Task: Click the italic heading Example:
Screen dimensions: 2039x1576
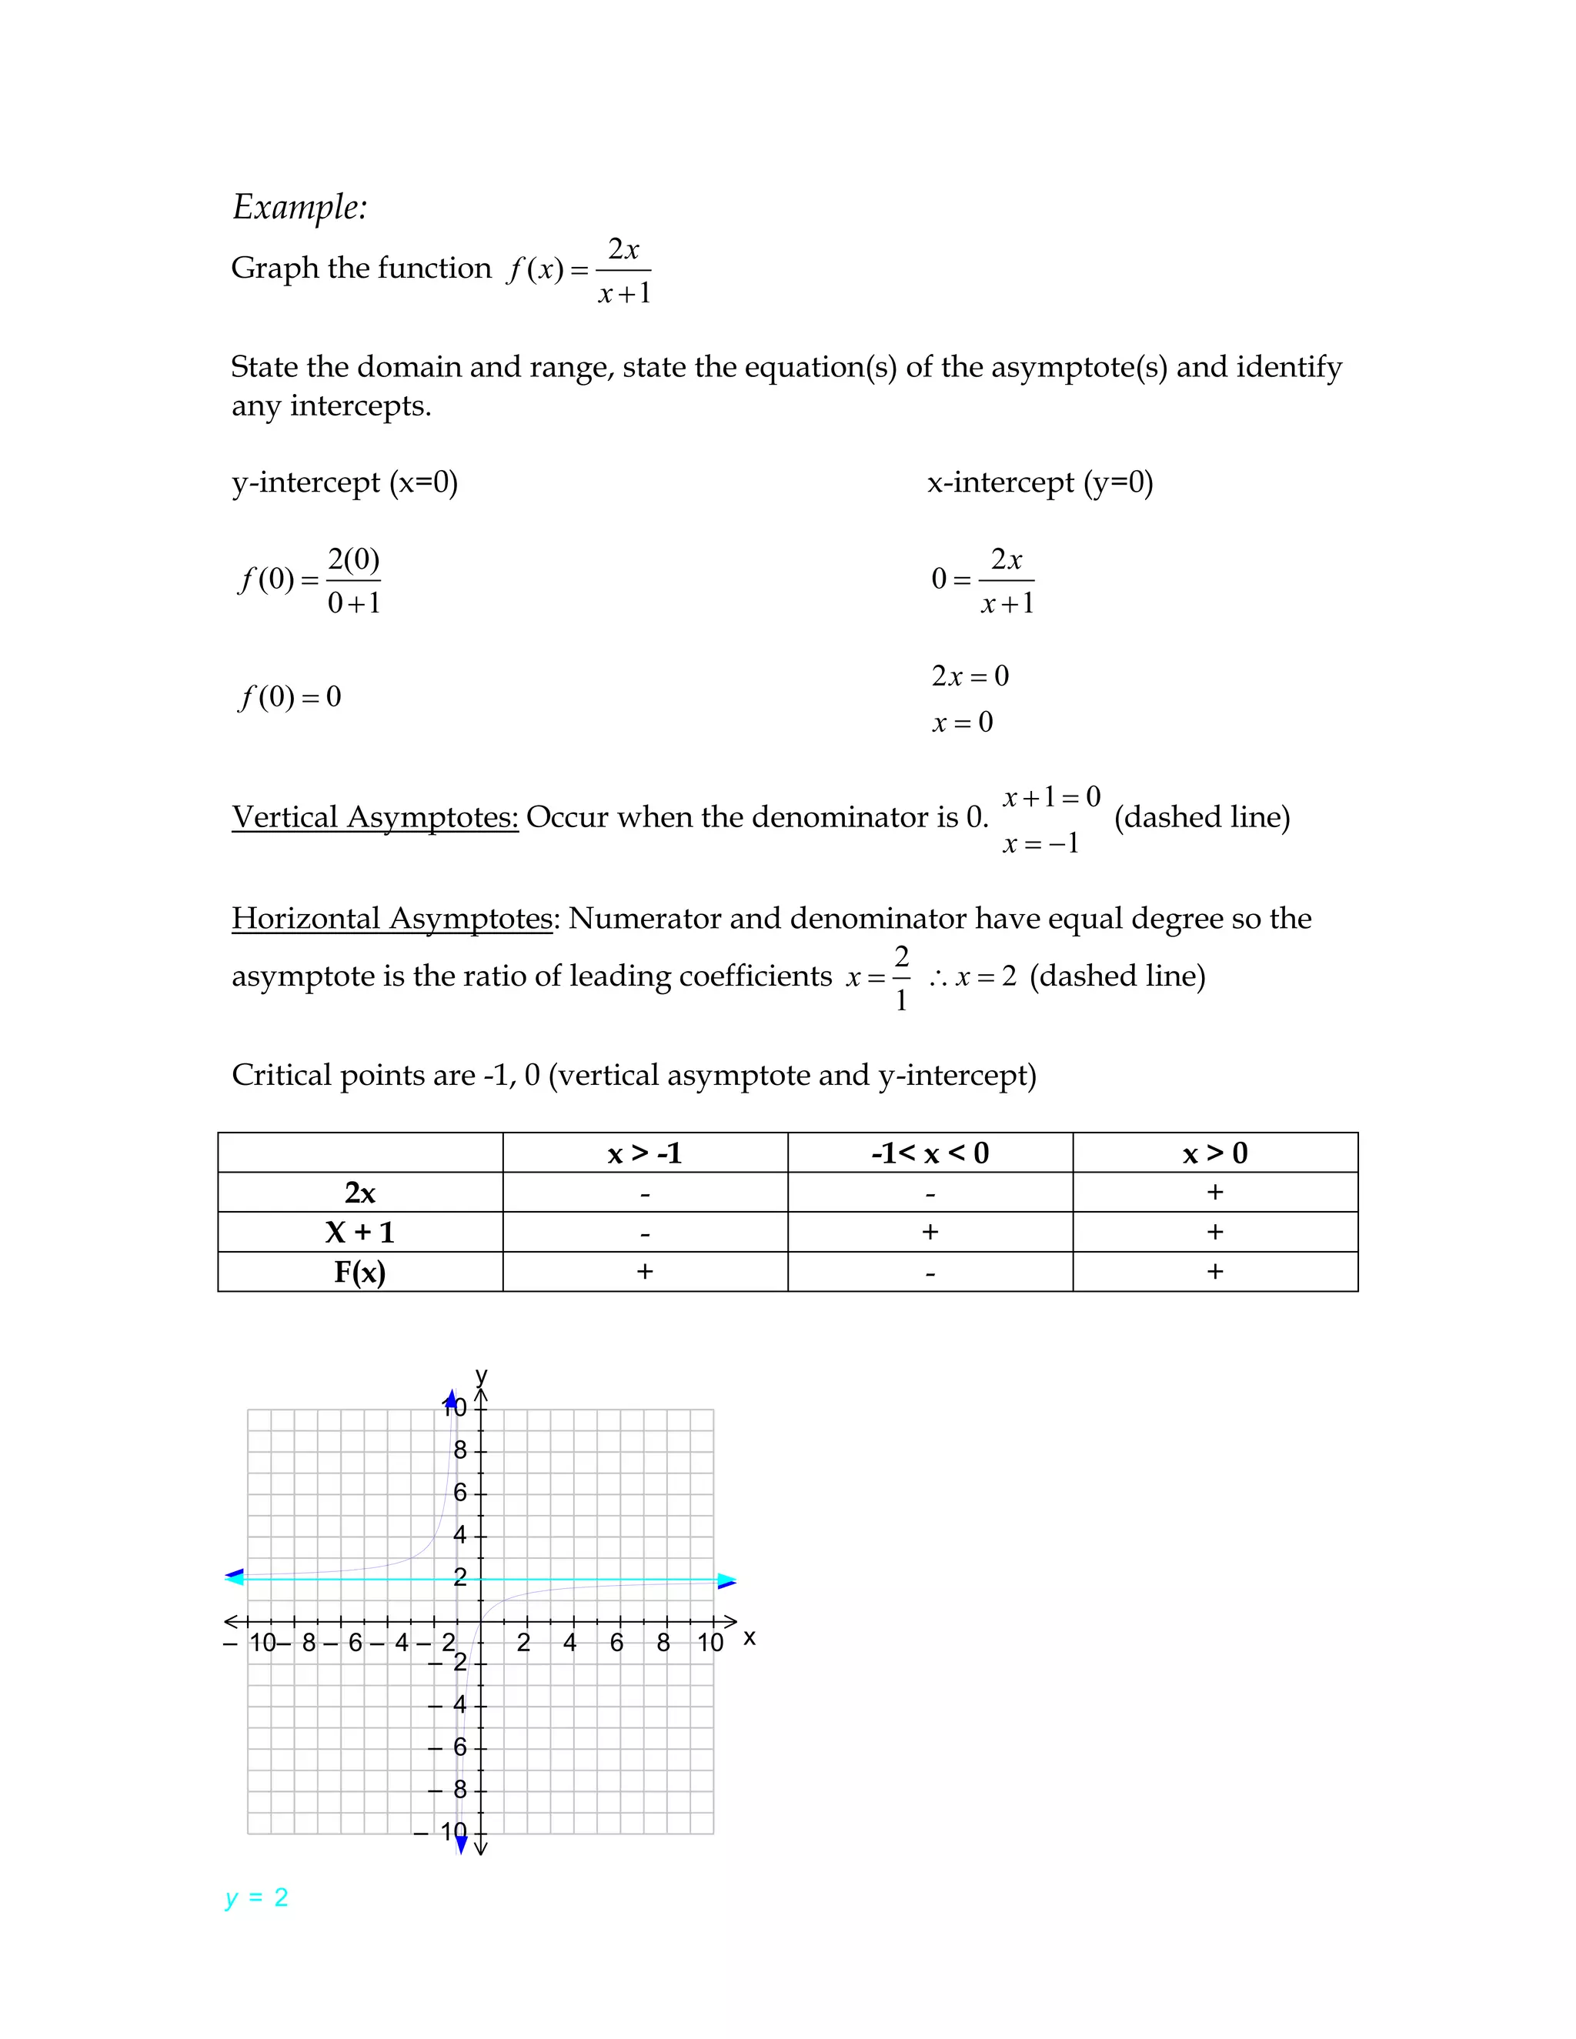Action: tap(299, 207)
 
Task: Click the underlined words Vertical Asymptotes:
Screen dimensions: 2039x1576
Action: tap(375, 817)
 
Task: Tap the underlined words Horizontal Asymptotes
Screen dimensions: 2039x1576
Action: tap(392, 918)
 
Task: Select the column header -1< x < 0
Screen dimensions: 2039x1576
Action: tap(930, 1153)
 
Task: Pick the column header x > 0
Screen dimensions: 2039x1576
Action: tap(1214, 1153)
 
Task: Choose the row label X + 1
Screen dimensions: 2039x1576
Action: tap(360, 1233)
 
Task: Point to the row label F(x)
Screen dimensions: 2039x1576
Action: tap(360, 1272)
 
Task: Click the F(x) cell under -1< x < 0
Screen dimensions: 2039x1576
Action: tap(930, 1273)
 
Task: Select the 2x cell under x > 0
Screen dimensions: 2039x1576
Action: tap(1214, 1192)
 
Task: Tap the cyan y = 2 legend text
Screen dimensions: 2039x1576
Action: tap(257, 1898)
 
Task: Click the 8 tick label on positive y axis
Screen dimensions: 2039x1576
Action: tap(459, 1450)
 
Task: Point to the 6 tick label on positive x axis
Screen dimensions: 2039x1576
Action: tap(616, 1644)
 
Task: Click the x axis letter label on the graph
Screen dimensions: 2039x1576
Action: tap(750, 1637)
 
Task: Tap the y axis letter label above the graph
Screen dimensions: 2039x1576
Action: tap(482, 1375)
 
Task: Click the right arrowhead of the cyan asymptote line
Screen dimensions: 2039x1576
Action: tap(726, 1580)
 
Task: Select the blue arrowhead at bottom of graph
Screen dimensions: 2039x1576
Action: tap(461, 1844)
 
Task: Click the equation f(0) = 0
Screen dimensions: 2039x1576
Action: tap(290, 696)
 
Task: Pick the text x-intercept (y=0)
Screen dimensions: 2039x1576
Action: tap(1040, 482)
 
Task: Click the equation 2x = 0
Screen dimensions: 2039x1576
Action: tap(970, 675)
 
